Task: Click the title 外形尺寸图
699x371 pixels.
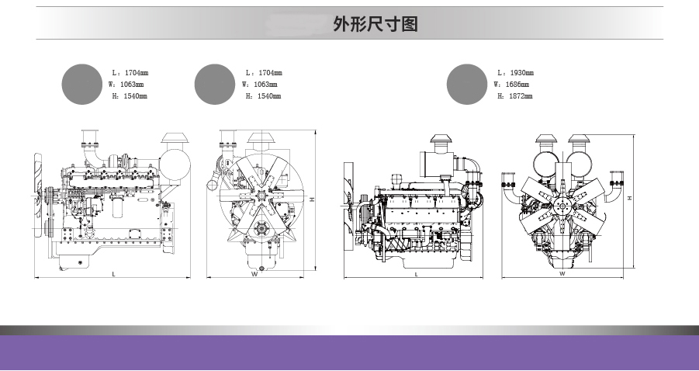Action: click(375, 24)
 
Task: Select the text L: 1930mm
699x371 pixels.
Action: click(516, 73)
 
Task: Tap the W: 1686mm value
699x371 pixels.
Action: click(514, 84)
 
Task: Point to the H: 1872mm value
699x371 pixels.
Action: click(516, 95)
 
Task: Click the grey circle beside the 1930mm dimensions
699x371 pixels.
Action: click(468, 84)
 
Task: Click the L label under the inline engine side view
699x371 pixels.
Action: click(113, 274)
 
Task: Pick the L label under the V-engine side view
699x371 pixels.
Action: click(417, 274)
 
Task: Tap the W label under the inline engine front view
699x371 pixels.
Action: click(254, 274)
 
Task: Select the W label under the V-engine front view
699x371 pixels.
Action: click(562, 274)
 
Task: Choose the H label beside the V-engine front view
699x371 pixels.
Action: click(630, 199)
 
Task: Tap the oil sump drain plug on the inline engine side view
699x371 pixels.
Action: click(81, 263)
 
